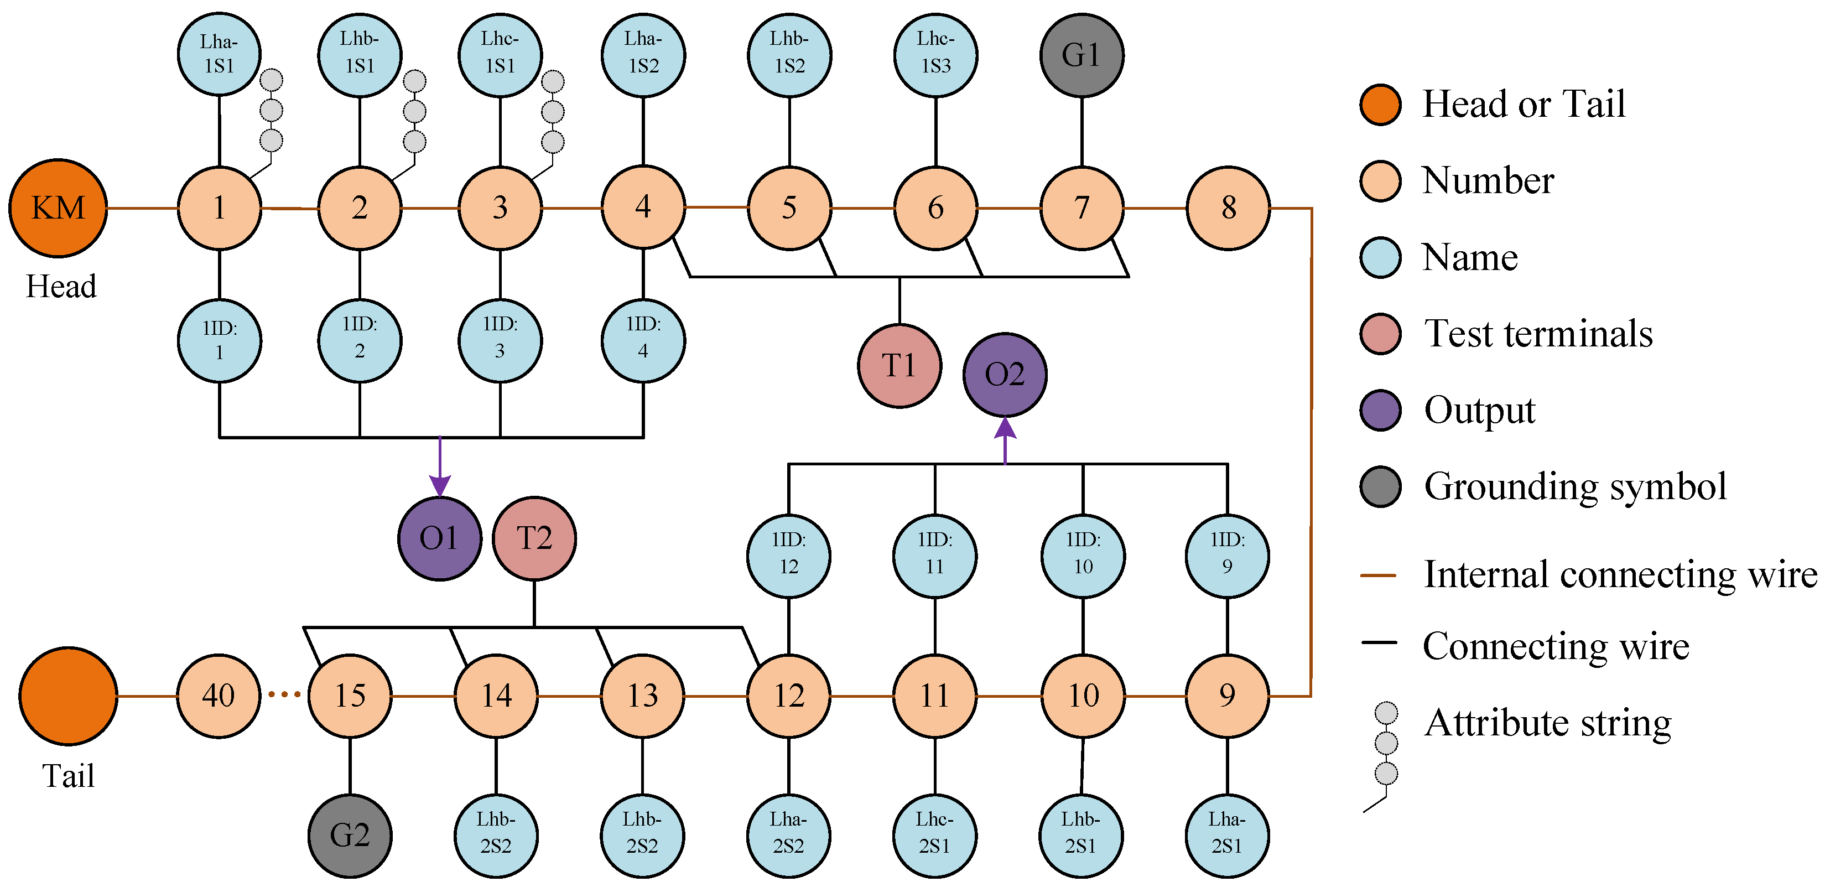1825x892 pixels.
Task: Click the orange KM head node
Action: pyautogui.click(x=58, y=208)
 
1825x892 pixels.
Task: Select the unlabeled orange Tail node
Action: pyautogui.click(x=68, y=696)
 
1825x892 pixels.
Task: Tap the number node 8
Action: pyautogui.click(x=1228, y=208)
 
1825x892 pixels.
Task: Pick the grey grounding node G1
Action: pyautogui.click(x=1081, y=55)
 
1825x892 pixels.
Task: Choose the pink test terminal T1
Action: pyautogui.click(x=899, y=366)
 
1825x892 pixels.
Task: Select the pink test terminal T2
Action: pyautogui.click(x=534, y=538)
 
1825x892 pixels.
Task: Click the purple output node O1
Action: pyautogui.click(x=439, y=538)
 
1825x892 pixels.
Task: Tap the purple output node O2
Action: pyautogui.click(x=1005, y=374)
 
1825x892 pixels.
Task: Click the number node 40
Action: pyautogui.click(x=218, y=696)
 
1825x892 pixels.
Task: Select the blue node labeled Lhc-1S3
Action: pyautogui.click(x=935, y=55)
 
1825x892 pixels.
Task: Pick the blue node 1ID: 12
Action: pyautogui.click(x=788, y=556)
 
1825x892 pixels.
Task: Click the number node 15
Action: pyautogui.click(x=350, y=696)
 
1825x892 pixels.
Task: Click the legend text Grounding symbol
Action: pyautogui.click(x=1575, y=488)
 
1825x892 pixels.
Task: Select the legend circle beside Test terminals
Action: pyautogui.click(x=1380, y=333)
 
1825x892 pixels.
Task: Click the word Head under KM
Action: pyautogui.click(x=61, y=286)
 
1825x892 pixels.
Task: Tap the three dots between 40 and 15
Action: pyautogui.click(x=284, y=695)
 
